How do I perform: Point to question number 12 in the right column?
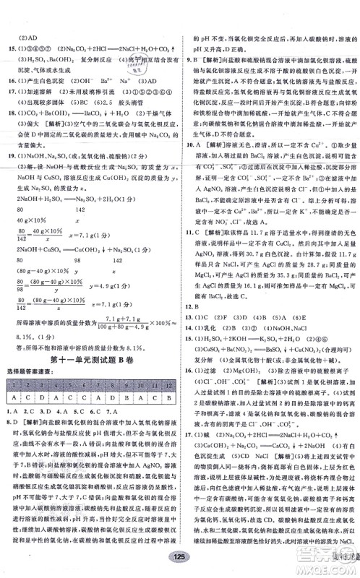189,285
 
